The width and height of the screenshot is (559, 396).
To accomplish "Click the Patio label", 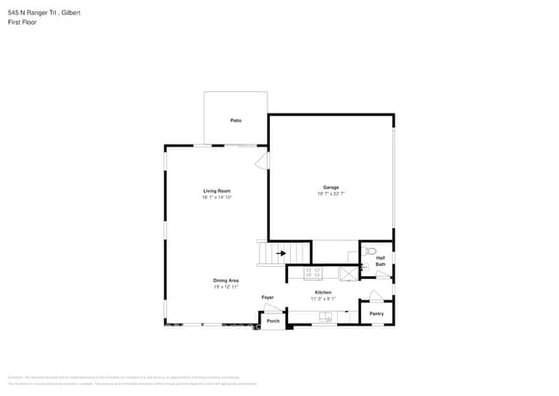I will coord(236,121).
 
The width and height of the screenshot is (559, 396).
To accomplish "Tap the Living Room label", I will coord(217,191).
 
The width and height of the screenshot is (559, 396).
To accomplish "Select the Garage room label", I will coord(331,188).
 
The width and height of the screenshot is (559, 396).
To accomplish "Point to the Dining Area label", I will coord(226,281).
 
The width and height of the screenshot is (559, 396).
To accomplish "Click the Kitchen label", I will coord(323,293).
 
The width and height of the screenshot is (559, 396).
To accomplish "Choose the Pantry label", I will coord(377,313).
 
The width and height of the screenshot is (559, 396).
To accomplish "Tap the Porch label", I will coord(273,321).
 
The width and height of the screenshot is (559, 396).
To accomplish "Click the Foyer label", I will coord(267,298).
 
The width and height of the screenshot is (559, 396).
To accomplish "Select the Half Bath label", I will coord(380,261).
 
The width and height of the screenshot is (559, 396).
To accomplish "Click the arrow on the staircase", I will coord(280,253).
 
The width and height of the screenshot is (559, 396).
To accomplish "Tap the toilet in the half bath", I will coord(370,251).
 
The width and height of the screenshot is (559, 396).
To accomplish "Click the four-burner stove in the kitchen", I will coord(313,274).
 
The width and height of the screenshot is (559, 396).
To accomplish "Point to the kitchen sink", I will coord(327,317).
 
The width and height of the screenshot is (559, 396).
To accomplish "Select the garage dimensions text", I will coord(331,194).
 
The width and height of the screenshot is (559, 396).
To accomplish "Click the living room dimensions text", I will coord(218,197).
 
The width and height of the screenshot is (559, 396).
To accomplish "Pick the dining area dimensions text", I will coord(226,287).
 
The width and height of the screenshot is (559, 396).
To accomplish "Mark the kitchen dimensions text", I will coord(323,299).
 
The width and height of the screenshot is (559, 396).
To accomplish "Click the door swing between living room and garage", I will coord(262,160).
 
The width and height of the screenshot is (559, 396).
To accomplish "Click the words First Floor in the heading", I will coord(21,22).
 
